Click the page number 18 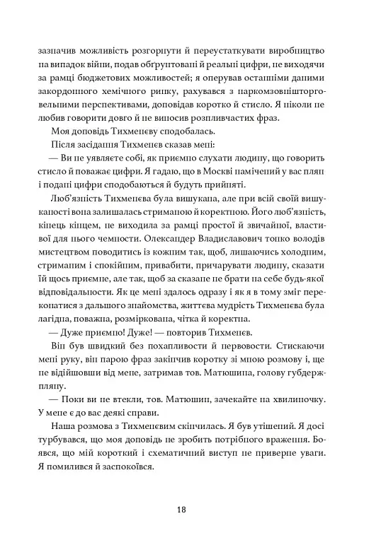183,509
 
